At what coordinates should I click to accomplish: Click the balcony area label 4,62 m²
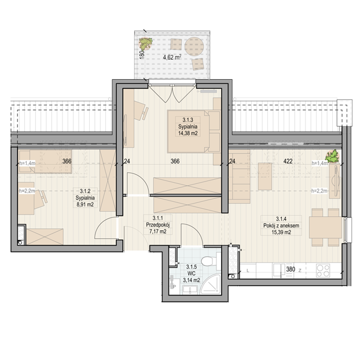[172, 57]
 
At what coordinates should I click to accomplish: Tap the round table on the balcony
[194, 47]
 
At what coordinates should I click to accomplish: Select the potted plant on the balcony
[146, 43]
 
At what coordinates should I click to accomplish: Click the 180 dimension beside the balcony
[142, 54]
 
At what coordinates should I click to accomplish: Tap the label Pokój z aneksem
[281, 226]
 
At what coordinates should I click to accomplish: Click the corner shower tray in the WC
[210, 285]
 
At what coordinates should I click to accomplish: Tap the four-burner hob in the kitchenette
[323, 271]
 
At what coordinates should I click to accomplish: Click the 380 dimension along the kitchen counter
[291, 269]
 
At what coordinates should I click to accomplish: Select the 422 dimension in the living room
[288, 161]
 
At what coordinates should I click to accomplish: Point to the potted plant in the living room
[332, 156]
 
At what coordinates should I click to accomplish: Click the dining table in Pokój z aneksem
[325, 227]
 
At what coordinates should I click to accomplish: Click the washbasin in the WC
[190, 290]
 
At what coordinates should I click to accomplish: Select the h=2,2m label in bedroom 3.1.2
[27, 191]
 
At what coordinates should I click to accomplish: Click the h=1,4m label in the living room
[319, 163]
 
